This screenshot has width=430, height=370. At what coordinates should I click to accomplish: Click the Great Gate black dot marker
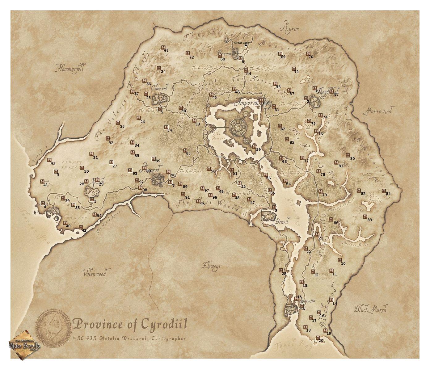[246, 45]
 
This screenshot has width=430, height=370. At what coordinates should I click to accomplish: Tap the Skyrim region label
[289, 28]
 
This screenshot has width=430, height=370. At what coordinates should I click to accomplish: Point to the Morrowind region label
[379, 111]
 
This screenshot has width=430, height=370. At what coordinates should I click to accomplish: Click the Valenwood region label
[95, 273]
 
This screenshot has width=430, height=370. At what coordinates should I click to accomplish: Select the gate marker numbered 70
[308, 54]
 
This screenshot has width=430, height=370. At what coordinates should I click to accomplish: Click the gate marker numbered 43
[49, 160]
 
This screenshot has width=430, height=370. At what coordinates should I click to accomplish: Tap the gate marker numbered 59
[254, 146]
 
